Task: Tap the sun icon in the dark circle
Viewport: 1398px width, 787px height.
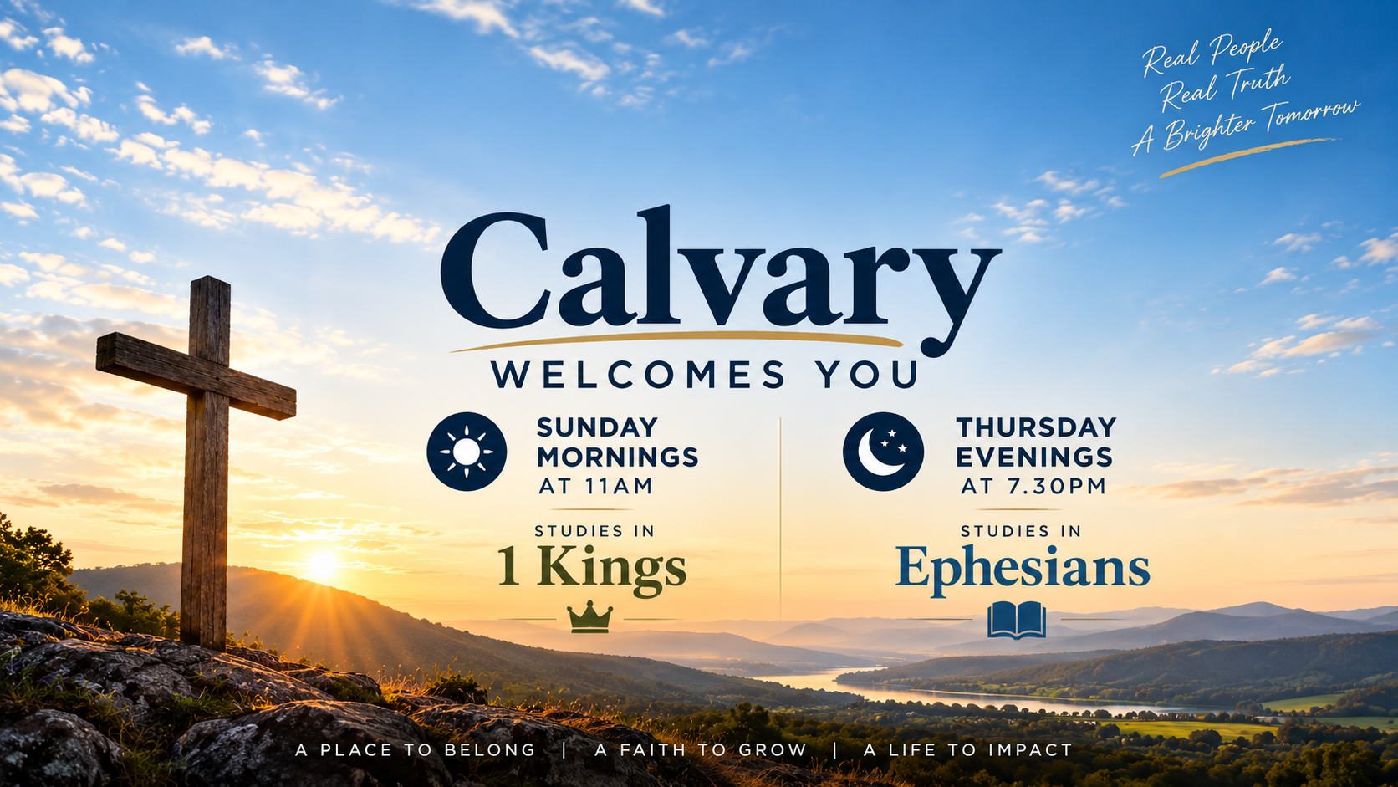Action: pyautogui.click(x=467, y=452)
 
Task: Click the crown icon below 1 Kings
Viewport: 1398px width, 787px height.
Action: pyautogui.click(x=589, y=617)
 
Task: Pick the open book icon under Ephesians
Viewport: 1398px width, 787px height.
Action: pyautogui.click(x=1017, y=620)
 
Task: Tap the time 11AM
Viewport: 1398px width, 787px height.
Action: pyautogui.click(x=616, y=486)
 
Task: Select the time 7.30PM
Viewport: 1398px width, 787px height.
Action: pyautogui.click(x=1054, y=486)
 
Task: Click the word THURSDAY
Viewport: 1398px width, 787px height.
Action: pyautogui.click(x=1036, y=427)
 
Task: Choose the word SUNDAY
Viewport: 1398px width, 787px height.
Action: pyautogui.click(x=597, y=427)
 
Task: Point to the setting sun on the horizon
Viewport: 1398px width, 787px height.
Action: pyautogui.click(x=323, y=565)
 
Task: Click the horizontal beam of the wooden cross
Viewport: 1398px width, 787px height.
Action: pyautogui.click(x=196, y=376)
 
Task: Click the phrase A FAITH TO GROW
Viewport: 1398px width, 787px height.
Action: pyautogui.click(x=701, y=749)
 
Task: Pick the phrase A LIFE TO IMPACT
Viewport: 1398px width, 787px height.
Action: pyautogui.click(x=968, y=749)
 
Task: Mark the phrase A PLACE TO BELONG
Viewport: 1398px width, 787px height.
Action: pyautogui.click(x=415, y=749)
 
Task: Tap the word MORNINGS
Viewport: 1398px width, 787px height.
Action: pyautogui.click(x=617, y=457)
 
